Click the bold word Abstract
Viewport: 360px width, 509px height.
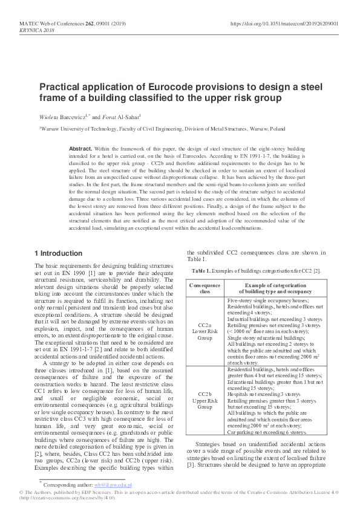click(x=80, y=148)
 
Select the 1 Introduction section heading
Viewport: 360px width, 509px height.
click(x=59, y=253)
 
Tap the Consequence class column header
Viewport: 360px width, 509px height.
click(x=205, y=287)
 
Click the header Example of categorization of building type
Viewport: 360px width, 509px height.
click(x=277, y=287)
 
